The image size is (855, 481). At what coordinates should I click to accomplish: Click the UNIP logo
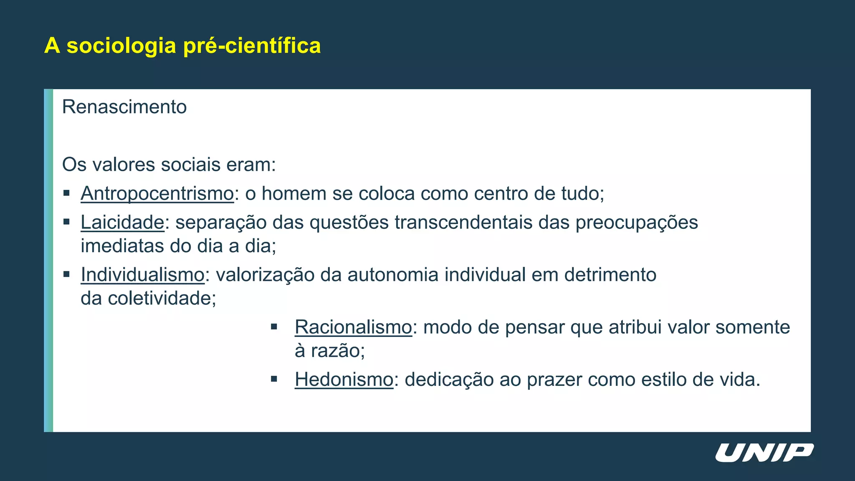coord(764,453)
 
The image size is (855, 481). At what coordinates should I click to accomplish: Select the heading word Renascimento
coord(124,107)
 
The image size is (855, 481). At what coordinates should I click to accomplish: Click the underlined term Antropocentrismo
coord(157,194)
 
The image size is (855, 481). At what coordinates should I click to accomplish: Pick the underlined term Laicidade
coord(122,222)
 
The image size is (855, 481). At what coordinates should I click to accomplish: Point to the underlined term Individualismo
coord(142,275)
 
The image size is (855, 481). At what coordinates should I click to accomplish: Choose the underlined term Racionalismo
coord(353,327)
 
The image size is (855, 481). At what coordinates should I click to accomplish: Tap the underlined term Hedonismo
coord(344,380)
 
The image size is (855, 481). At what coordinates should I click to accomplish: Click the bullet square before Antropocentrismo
coord(66,193)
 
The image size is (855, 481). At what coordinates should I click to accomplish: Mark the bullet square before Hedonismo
coord(274,379)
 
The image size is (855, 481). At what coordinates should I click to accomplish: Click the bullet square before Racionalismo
coord(274,327)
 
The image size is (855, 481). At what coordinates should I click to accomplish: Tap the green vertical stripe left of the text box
coord(48,260)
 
